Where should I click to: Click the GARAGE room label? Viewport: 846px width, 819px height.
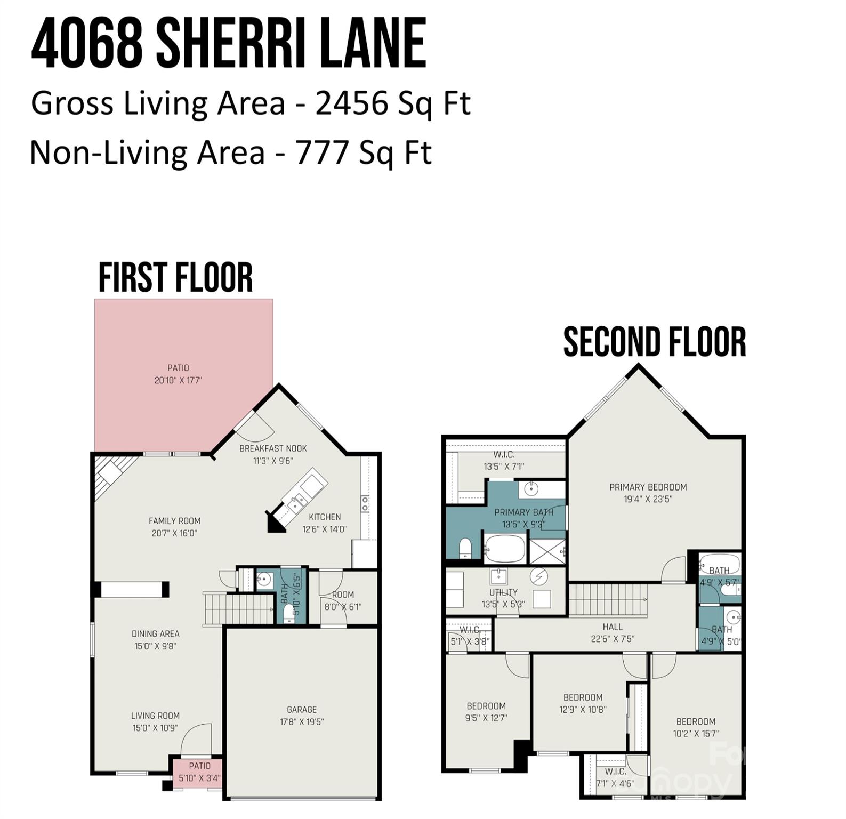pos(302,710)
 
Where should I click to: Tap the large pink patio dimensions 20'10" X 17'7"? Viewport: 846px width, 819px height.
pos(178,380)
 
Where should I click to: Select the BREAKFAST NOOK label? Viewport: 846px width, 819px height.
pos(273,448)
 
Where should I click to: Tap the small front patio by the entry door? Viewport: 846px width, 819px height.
pos(197,772)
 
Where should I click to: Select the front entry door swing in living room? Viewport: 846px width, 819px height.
pos(196,740)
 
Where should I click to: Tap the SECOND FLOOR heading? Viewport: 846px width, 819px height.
pos(654,342)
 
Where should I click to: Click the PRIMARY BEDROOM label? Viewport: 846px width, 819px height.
pos(648,487)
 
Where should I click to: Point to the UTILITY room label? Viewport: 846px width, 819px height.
pos(503,592)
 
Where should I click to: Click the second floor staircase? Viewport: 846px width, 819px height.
pos(608,599)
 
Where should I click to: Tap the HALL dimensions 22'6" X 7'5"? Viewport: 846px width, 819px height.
pos(613,639)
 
